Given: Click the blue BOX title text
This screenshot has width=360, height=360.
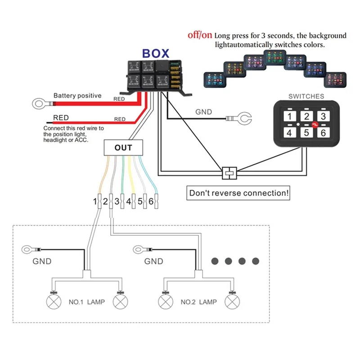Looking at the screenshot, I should pyautogui.click(x=155, y=53).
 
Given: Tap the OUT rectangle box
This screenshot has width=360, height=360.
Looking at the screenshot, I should pyautogui.click(x=123, y=147).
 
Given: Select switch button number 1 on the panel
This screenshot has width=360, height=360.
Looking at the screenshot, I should pyautogui.click(x=291, y=117).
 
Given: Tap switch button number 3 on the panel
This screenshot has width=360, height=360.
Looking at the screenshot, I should pyautogui.click(x=323, y=117).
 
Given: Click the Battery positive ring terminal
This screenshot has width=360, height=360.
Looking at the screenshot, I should pyautogui.click(x=39, y=104).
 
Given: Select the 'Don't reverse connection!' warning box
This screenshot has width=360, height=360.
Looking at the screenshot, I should pyautogui.click(x=238, y=193).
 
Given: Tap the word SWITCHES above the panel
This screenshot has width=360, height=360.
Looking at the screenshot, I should pyautogui.click(x=306, y=96).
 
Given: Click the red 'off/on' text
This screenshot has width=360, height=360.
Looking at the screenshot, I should pyautogui.click(x=200, y=35).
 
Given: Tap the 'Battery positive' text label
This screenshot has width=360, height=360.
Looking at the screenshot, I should pyautogui.click(x=77, y=95).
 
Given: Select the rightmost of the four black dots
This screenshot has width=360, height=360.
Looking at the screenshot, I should pyautogui.click(x=256, y=261).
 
